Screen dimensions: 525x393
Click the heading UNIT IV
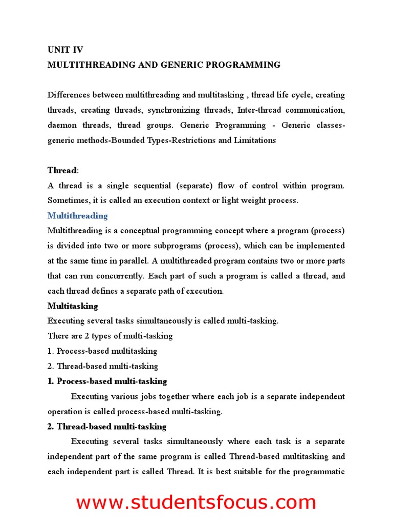[x=65, y=50]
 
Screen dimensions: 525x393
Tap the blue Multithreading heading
[x=77, y=216]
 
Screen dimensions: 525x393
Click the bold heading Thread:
[x=63, y=170]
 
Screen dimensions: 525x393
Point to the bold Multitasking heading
[x=73, y=306]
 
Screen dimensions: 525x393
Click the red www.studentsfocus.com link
[x=196, y=502]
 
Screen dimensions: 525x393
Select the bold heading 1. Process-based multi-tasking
[x=107, y=381]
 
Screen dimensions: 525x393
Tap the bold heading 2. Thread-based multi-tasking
[x=106, y=427]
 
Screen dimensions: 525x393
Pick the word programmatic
[x=319, y=472]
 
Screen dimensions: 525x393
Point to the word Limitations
[x=254, y=140]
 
